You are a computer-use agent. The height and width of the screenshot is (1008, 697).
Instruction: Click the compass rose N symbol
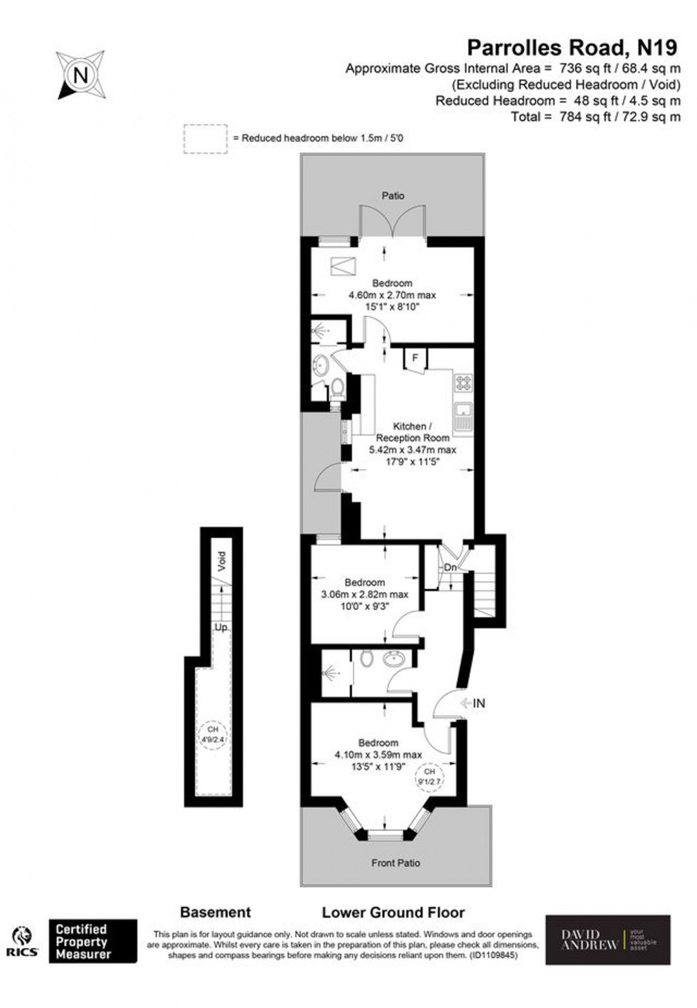81,75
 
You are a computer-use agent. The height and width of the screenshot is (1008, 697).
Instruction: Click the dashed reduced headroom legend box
206,139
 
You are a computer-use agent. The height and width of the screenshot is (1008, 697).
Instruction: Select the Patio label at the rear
393,195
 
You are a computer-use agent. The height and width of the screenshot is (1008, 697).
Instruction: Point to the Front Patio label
395,863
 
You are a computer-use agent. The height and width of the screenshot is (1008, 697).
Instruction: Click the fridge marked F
415,358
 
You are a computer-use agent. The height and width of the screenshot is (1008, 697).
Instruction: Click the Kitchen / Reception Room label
413,432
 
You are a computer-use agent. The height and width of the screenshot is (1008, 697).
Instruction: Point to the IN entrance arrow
472,703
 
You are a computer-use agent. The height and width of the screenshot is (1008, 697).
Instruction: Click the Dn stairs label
450,567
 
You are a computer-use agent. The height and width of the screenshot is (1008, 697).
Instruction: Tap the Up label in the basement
221,628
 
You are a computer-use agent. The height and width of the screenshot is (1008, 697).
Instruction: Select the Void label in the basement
221,562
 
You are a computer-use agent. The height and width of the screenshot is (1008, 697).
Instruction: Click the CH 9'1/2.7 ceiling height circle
429,776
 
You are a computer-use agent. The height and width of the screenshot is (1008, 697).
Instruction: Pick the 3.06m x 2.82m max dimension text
365,594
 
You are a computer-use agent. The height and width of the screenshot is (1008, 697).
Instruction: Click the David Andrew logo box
607,940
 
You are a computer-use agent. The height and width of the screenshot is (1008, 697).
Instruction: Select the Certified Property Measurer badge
92,941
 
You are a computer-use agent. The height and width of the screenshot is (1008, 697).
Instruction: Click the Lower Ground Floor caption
393,912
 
